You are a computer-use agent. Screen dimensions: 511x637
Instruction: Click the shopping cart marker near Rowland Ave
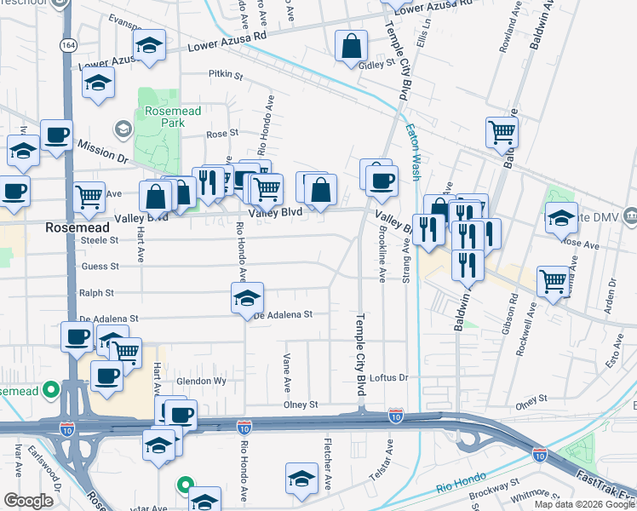coord(502,132)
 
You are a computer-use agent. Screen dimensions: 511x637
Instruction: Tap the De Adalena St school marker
coord(247,298)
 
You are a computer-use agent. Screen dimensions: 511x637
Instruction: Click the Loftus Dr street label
coord(391,377)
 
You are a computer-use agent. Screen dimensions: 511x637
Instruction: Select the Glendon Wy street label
coord(202,382)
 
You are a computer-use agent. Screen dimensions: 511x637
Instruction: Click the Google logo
coord(28,500)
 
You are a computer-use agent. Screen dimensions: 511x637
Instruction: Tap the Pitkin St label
coord(226,75)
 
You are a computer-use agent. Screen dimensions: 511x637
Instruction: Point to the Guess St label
coord(100,267)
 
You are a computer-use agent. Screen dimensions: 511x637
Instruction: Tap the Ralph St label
coord(96,293)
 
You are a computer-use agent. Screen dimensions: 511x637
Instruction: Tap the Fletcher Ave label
coord(327,464)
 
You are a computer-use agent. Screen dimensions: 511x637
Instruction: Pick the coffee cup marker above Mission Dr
coord(56,135)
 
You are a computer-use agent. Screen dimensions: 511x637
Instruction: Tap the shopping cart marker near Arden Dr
coord(554,279)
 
